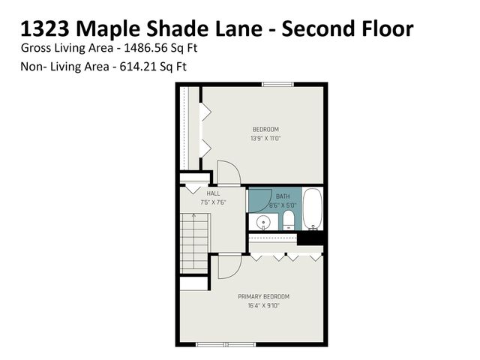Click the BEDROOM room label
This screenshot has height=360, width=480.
pos(265,129)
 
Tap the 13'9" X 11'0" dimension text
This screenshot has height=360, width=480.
pos(265,138)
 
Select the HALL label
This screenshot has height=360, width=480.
pos(213,193)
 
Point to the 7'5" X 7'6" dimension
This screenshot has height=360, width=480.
pos(213,202)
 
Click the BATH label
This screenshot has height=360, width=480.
pos(282,195)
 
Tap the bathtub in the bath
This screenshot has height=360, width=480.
pos(313,209)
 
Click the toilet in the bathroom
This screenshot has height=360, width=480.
pos(289,220)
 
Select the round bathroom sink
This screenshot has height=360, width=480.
pos(263,222)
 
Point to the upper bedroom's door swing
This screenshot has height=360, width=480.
pos(227,172)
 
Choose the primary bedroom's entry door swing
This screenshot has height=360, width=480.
pos(229,266)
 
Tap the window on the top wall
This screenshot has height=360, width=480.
pos(277,84)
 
